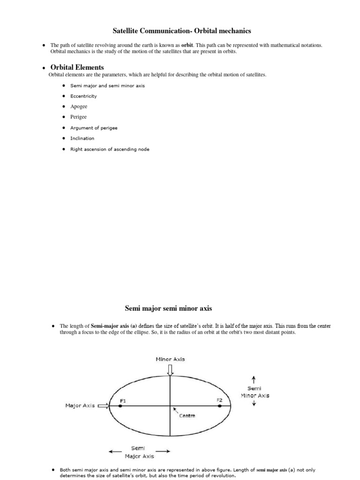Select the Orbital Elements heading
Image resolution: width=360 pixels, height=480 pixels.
[77, 67]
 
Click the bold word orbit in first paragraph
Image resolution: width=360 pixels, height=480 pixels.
[187, 45]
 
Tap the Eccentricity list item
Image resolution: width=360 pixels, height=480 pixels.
[83, 96]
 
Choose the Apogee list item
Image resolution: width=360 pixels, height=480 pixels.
[79, 106]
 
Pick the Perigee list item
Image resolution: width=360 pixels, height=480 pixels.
[78, 117]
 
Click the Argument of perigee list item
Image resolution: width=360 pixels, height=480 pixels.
[94, 127]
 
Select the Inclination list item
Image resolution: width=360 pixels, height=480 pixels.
[82, 138]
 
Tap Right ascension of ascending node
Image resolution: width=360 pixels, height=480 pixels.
[110, 149]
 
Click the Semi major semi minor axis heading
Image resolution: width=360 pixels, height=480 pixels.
[168, 308]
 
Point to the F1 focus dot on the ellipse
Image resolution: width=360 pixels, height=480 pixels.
[120, 406]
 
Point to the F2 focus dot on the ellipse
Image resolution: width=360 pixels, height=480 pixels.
[220, 406]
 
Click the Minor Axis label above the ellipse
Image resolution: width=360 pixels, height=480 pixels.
[170, 359]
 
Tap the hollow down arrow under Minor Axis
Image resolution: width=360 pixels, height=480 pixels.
[170, 370]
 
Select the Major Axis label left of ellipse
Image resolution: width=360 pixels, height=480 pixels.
[81, 406]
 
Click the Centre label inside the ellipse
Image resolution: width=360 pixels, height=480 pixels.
[187, 416]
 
